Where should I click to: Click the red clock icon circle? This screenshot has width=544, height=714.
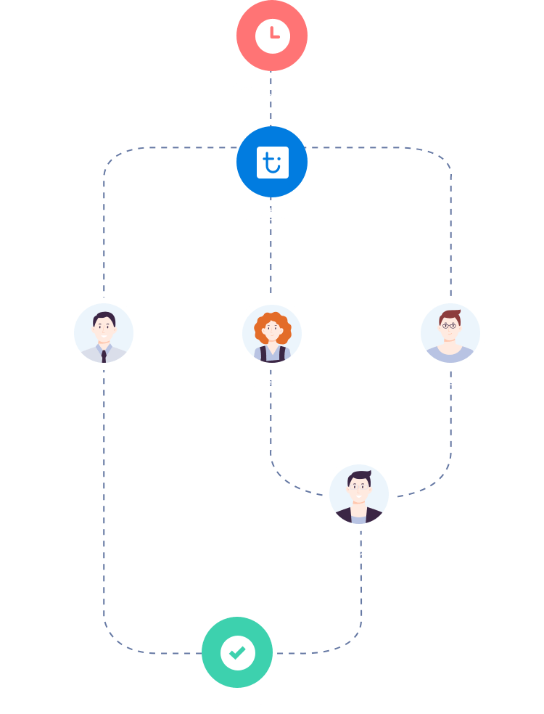pyautogui.click(x=272, y=35)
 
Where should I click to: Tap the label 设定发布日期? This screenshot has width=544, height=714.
pyautogui.click(x=272, y=89)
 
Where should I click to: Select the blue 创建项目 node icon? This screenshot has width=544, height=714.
pyautogui.click(x=272, y=162)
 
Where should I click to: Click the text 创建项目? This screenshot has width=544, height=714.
pyautogui.click(x=272, y=214)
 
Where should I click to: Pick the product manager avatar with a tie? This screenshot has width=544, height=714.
pyautogui.click(x=104, y=333)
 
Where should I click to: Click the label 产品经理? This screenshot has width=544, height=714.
pyautogui.click(x=104, y=387)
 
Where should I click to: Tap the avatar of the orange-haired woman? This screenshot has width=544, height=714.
pyautogui.click(x=272, y=333)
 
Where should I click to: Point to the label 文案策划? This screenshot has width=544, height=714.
pyautogui.click(x=272, y=387)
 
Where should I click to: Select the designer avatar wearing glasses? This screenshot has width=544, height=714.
pyautogui.click(x=450, y=333)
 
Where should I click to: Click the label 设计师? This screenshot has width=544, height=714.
pyautogui.click(x=450, y=387)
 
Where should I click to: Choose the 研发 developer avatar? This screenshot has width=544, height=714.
pyautogui.click(x=359, y=494)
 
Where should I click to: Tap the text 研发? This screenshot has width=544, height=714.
pyautogui.click(x=359, y=549)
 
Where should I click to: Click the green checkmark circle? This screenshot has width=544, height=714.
pyautogui.click(x=237, y=652)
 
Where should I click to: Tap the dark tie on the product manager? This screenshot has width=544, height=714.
pyautogui.click(x=104, y=356)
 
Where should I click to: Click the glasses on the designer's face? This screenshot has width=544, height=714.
pyautogui.click(x=450, y=327)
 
